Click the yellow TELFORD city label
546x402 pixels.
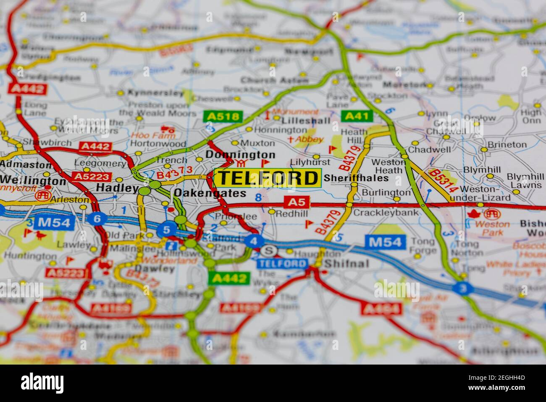point(268,178)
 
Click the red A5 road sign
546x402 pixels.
point(297,202)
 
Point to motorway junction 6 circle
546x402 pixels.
point(97,219)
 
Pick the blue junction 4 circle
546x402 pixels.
point(253,241)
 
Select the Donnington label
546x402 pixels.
point(240,155)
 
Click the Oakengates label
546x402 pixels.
point(210,193)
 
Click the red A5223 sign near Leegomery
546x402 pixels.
point(91,177)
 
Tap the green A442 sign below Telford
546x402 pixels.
point(229,278)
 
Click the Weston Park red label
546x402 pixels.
point(492,228)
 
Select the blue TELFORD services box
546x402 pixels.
point(282,264)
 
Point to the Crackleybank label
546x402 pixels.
point(386,212)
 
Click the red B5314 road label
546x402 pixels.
point(443,180)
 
